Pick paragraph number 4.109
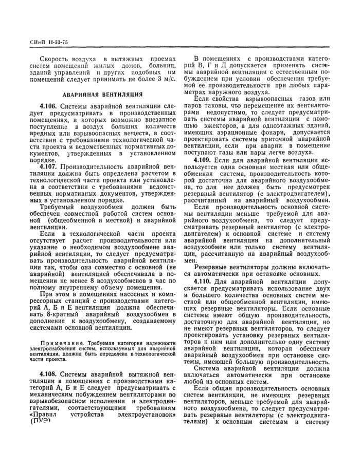(204, 160)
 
